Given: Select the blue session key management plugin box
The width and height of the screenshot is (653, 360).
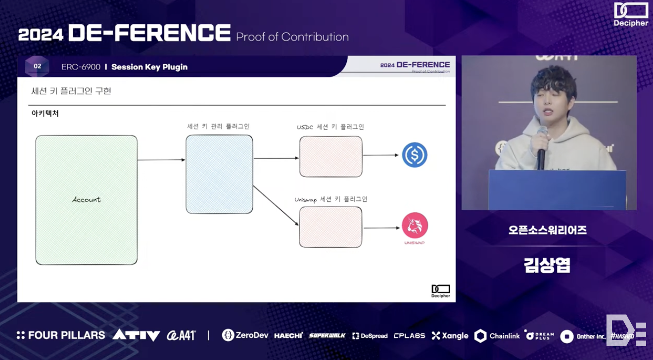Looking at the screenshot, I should click(x=219, y=174).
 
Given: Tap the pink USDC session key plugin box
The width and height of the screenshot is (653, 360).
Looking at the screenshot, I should click(x=330, y=156).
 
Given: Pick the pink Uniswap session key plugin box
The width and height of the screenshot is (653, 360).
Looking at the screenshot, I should click(x=330, y=227).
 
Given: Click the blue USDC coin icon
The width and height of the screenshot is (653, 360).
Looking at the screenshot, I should click(x=415, y=155).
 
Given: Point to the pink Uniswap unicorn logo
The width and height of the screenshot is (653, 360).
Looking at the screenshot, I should click(x=415, y=225).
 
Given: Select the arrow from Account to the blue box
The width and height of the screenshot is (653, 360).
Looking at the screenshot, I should click(x=161, y=160).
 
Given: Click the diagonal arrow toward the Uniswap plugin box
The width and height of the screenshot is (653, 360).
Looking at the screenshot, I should click(x=276, y=206).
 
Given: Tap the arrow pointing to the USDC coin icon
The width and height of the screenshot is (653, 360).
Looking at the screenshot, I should click(x=380, y=155).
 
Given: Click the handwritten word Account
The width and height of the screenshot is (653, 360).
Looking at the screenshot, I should click(x=86, y=199).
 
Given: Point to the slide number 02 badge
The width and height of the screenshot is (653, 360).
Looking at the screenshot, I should click(x=37, y=66).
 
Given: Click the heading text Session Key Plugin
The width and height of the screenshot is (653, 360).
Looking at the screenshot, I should click(x=149, y=67).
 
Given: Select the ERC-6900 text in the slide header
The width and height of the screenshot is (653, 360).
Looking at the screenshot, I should click(x=81, y=67).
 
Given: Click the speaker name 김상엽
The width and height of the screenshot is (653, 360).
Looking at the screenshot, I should click(x=547, y=265).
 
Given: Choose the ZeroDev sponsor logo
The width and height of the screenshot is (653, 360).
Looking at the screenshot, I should click(x=245, y=335).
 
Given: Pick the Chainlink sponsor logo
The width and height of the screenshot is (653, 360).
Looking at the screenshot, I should click(x=497, y=336).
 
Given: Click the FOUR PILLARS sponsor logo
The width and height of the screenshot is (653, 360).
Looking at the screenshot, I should click(x=60, y=335).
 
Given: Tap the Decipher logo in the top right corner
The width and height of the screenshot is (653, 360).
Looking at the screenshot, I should click(x=631, y=14).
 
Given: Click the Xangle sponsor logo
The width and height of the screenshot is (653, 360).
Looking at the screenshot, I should click(x=450, y=336).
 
